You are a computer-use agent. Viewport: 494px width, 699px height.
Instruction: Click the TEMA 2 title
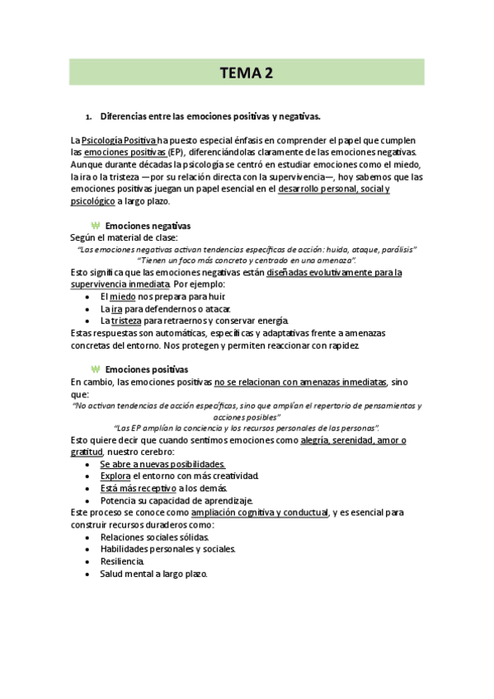click(246, 73)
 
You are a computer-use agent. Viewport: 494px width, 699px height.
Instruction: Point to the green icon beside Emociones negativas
click(95, 225)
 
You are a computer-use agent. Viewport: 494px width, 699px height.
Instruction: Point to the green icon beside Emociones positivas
click(95, 369)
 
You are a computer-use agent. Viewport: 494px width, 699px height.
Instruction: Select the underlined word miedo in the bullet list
click(123, 296)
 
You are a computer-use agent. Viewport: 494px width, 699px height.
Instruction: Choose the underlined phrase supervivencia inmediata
click(120, 284)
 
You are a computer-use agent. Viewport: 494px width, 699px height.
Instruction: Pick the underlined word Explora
click(115, 476)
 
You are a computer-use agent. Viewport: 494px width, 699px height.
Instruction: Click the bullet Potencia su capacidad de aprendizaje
click(176, 500)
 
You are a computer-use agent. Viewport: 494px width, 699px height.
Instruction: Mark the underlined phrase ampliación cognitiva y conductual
click(258, 513)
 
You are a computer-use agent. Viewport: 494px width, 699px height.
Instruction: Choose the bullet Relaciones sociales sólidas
click(155, 537)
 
